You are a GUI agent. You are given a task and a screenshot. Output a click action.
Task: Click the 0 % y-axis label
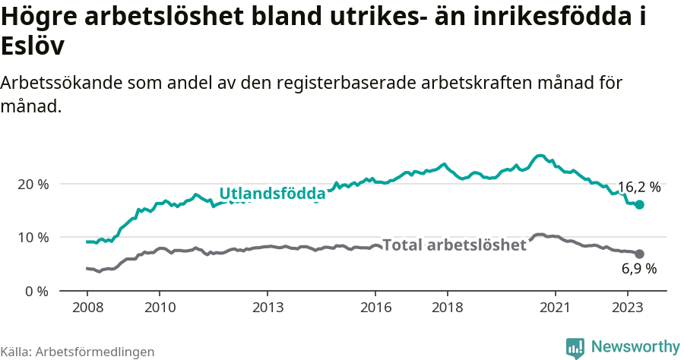click(37, 291)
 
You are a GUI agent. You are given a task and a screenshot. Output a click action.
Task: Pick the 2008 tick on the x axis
click(87, 308)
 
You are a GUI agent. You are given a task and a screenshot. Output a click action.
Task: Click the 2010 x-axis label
click(159, 308)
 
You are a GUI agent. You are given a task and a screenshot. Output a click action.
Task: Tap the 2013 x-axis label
click(268, 308)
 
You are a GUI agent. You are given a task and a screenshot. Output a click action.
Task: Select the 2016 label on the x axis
click(375, 308)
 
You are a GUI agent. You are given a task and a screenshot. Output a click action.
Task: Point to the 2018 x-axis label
click(448, 308)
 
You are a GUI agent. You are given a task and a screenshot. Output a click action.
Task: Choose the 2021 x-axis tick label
click(556, 308)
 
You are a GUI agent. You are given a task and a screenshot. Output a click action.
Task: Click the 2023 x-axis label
click(628, 308)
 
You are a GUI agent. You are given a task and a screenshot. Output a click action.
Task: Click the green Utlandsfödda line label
click(272, 194)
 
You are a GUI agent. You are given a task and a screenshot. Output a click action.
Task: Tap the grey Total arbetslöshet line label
click(454, 245)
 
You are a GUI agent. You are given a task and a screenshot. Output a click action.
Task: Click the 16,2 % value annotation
click(638, 188)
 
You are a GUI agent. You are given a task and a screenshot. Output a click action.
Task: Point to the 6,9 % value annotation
click(638, 268)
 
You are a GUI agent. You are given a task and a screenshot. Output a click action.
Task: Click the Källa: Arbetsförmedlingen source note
click(78, 352)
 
